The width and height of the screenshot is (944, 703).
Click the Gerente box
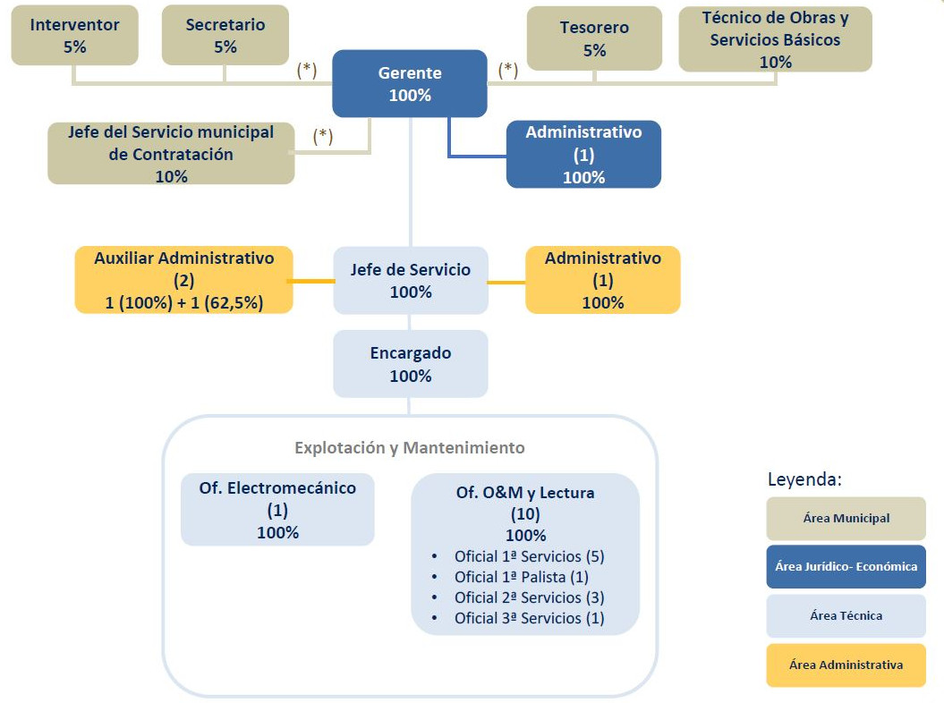pyautogui.click(x=410, y=83)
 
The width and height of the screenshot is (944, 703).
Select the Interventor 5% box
pyautogui.click(x=74, y=36)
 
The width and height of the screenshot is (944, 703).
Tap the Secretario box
pyautogui.click(x=225, y=36)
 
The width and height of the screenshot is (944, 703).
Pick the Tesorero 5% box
pyautogui.click(x=594, y=38)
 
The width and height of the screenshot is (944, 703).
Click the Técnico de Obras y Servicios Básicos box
pyautogui.click(x=775, y=39)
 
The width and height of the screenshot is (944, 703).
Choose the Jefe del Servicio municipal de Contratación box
pyautogui.click(x=171, y=154)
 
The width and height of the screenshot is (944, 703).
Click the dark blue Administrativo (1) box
pyautogui.click(x=583, y=154)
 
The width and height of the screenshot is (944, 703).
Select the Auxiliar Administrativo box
pyautogui.click(x=183, y=280)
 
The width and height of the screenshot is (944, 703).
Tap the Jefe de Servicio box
pyautogui.click(x=411, y=280)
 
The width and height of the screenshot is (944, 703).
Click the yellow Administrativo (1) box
pyautogui.click(x=602, y=280)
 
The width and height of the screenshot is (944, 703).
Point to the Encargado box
pyautogui.click(x=411, y=364)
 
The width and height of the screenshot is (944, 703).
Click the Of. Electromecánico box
pyautogui.click(x=277, y=510)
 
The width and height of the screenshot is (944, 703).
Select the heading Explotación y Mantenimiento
pyautogui.click(x=410, y=447)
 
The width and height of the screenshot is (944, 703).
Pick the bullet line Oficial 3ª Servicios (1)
pyautogui.click(x=529, y=618)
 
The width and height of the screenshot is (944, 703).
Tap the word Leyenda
pyautogui.click(x=804, y=479)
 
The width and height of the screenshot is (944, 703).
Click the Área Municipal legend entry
pyautogui.click(x=846, y=519)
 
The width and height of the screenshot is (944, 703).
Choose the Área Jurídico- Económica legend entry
pyautogui.click(x=846, y=566)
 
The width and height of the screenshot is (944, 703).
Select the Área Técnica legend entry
pyautogui.click(x=846, y=615)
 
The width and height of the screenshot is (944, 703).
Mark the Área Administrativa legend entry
pyautogui.click(x=846, y=665)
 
